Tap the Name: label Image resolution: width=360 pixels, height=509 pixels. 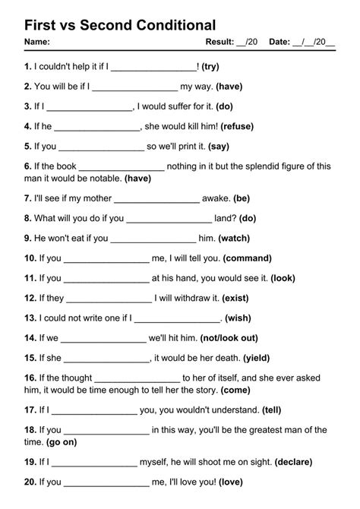tap(37, 42)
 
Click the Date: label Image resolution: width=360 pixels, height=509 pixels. tap(279, 42)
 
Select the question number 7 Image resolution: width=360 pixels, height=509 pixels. tap(27, 198)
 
